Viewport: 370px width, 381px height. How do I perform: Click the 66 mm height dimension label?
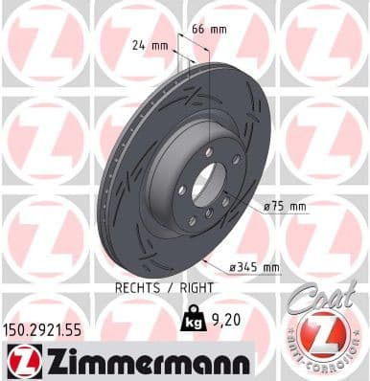pyautogui.click(x=206, y=30)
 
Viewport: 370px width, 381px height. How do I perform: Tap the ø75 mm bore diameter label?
pyautogui.click(x=284, y=206)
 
